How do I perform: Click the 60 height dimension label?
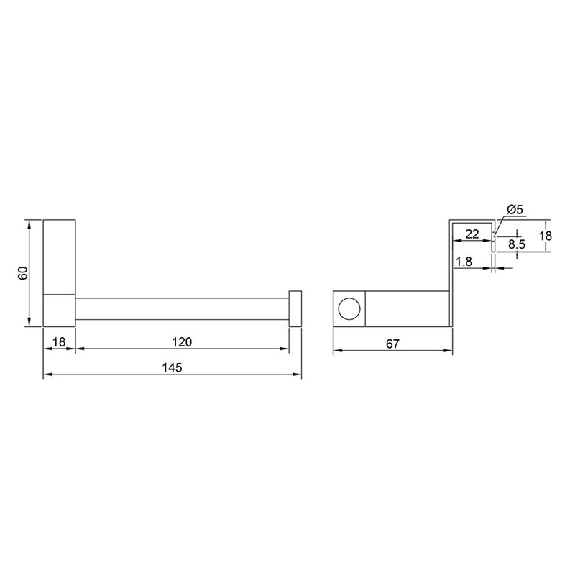(23, 273)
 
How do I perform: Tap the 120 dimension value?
(182, 342)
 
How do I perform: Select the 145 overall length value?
(172, 367)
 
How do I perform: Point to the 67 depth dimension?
(392, 344)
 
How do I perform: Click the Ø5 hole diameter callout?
(515, 210)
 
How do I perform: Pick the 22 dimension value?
(472, 234)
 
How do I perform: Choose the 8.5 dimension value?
(517, 244)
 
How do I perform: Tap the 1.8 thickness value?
(464, 262)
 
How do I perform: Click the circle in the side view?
(349, 309)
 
